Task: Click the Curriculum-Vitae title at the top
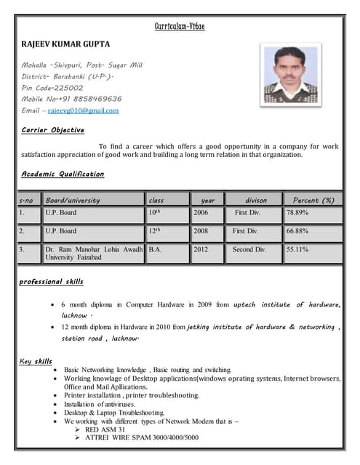pyautogui.click(x=180, y=27)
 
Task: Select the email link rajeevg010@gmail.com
pyautogui.click(x=83, y=110)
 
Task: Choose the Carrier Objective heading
pyautogui.click(x=53, y=130)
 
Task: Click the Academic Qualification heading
pyautogui.click(x=63, y=174)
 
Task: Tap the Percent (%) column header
pyautogui.click(x=313, y=200)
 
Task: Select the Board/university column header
pyautogui.click(x=73, y=200)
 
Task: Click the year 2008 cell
pyautogui.click(x=201, y=231)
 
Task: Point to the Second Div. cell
pyautogui.click(x=249, y=249)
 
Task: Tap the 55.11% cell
pyautogui.click(x=297, y=249)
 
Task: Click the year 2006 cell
pyautogui.click(x=201, y=213)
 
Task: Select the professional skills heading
pyautogui.click(x=52, y=281)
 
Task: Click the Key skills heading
pyautogui.click(x=36, y=361)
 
